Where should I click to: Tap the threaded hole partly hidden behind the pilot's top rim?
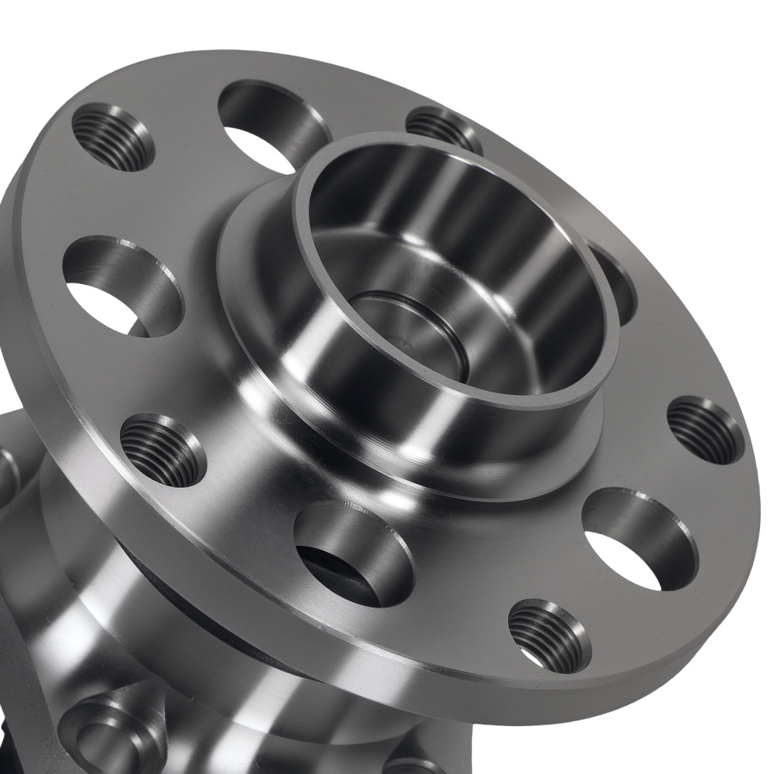(x=443, y=127)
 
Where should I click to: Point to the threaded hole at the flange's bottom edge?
(x=550, y=635)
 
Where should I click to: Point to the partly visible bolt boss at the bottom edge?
(x=410, y=762)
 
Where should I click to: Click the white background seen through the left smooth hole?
(x=97, y=302)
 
